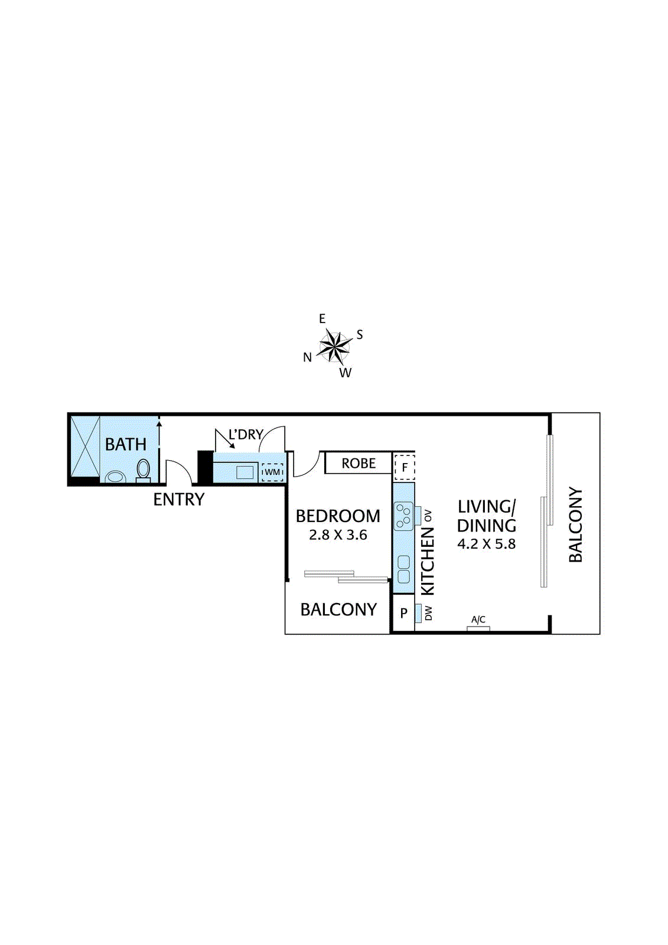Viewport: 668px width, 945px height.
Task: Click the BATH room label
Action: (125, 444)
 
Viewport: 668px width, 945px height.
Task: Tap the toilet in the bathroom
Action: (143, 470)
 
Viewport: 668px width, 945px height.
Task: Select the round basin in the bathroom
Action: (115, 477)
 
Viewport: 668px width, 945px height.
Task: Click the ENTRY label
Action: (178, 500)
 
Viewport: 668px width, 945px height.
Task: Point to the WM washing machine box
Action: (272, 472)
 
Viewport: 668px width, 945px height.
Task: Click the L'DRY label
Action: (246, 435)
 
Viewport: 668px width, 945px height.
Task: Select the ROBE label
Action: (359, 464)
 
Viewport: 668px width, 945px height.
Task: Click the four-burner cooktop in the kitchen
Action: (404, 516)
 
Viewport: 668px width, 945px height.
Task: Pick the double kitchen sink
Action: (404, 569)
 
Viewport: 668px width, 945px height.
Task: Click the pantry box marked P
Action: (404, 613)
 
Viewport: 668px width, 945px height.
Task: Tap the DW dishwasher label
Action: (428, 613)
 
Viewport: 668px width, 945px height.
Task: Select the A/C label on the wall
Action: (478, 620)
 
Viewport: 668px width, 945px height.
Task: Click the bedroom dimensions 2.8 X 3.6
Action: (338, 535)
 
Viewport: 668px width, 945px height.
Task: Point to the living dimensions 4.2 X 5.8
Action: (486, 544)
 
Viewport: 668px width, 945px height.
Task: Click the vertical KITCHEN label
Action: (427, 561)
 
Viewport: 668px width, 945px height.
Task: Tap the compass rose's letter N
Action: (307, 357)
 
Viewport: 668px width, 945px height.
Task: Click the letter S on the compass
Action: (359, 335)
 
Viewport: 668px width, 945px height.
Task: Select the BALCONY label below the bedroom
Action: (338, 610)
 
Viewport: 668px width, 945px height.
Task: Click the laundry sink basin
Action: (245, 472)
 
